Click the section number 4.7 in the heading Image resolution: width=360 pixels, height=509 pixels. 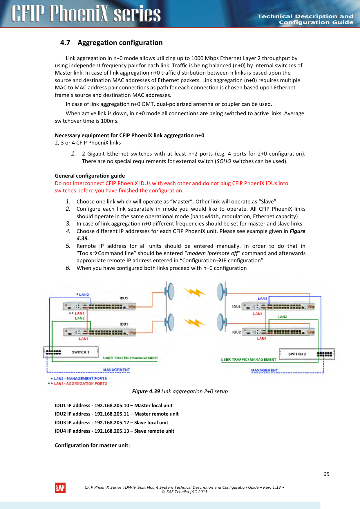pos(65,43)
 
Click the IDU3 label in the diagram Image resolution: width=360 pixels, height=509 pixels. pos(124,298)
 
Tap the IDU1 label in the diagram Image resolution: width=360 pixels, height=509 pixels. pos(124,324)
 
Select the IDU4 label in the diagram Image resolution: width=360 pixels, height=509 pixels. pos(236,306)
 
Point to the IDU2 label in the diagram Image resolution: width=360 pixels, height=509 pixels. pos(236,332)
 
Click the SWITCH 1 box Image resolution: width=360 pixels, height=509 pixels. pos(71,352)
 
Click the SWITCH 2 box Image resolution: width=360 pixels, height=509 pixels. pos(306,354)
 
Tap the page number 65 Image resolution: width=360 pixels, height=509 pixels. pos(326,474)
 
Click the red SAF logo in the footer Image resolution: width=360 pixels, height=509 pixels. pos(60,488)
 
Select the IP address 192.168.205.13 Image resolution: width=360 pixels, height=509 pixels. pos(112,431)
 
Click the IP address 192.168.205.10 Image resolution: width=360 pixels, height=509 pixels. pos(112,405)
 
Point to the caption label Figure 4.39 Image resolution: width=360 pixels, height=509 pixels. pos(146,391)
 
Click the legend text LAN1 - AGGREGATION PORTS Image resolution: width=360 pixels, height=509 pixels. pos(80,384)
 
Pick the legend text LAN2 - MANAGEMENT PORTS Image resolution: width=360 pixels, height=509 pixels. pos(80,378)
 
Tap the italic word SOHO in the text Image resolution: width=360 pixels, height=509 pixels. pos(224,161)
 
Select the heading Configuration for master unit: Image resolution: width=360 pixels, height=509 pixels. pos(92,445)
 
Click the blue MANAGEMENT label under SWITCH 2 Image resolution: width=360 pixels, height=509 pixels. pos(264,370)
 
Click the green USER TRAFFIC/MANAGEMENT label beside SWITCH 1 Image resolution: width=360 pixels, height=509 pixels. pos(130,358)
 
